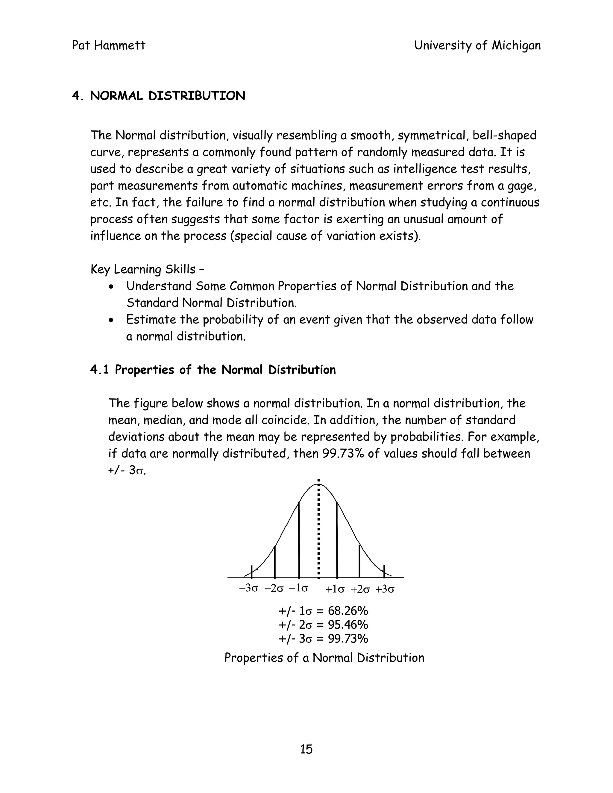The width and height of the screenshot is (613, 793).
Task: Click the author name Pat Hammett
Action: click(109, 46)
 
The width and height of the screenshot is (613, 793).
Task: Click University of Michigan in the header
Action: click(477, 46)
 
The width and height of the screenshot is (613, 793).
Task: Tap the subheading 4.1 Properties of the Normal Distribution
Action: click(213, 370)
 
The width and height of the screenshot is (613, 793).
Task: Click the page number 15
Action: click(306, 749)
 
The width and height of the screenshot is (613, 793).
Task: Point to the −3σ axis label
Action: click(249, 589)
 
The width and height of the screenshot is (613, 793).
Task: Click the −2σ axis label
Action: click(274, 589)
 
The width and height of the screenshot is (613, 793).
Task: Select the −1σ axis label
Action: click(298, 588)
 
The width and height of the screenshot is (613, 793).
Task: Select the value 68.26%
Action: click(348, 611)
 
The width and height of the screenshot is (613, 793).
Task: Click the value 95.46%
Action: click(348, 625)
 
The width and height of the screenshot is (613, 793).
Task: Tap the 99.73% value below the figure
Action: click(348, 638)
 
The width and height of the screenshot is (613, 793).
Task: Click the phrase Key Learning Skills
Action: click(143, 269)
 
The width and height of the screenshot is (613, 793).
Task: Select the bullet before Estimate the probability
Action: click(112, 320)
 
